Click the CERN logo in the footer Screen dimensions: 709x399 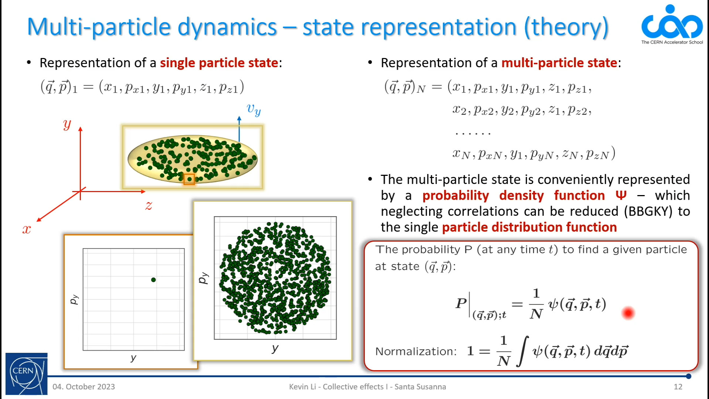27,374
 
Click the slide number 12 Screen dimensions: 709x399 678,387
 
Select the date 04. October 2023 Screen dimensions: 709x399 84,387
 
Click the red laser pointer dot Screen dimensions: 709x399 628,313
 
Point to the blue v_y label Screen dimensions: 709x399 254,109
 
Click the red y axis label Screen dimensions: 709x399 67,124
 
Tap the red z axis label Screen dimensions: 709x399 149,205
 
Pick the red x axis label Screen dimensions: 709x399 27,229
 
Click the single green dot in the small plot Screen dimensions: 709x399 154,280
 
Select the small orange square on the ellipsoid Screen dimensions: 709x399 189,179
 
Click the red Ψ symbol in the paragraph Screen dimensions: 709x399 621,195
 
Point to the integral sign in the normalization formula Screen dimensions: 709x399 523,351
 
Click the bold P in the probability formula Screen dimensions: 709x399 461,303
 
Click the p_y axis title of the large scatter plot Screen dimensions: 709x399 203,278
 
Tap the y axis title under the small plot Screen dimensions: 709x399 133,358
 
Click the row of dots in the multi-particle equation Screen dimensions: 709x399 473,133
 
